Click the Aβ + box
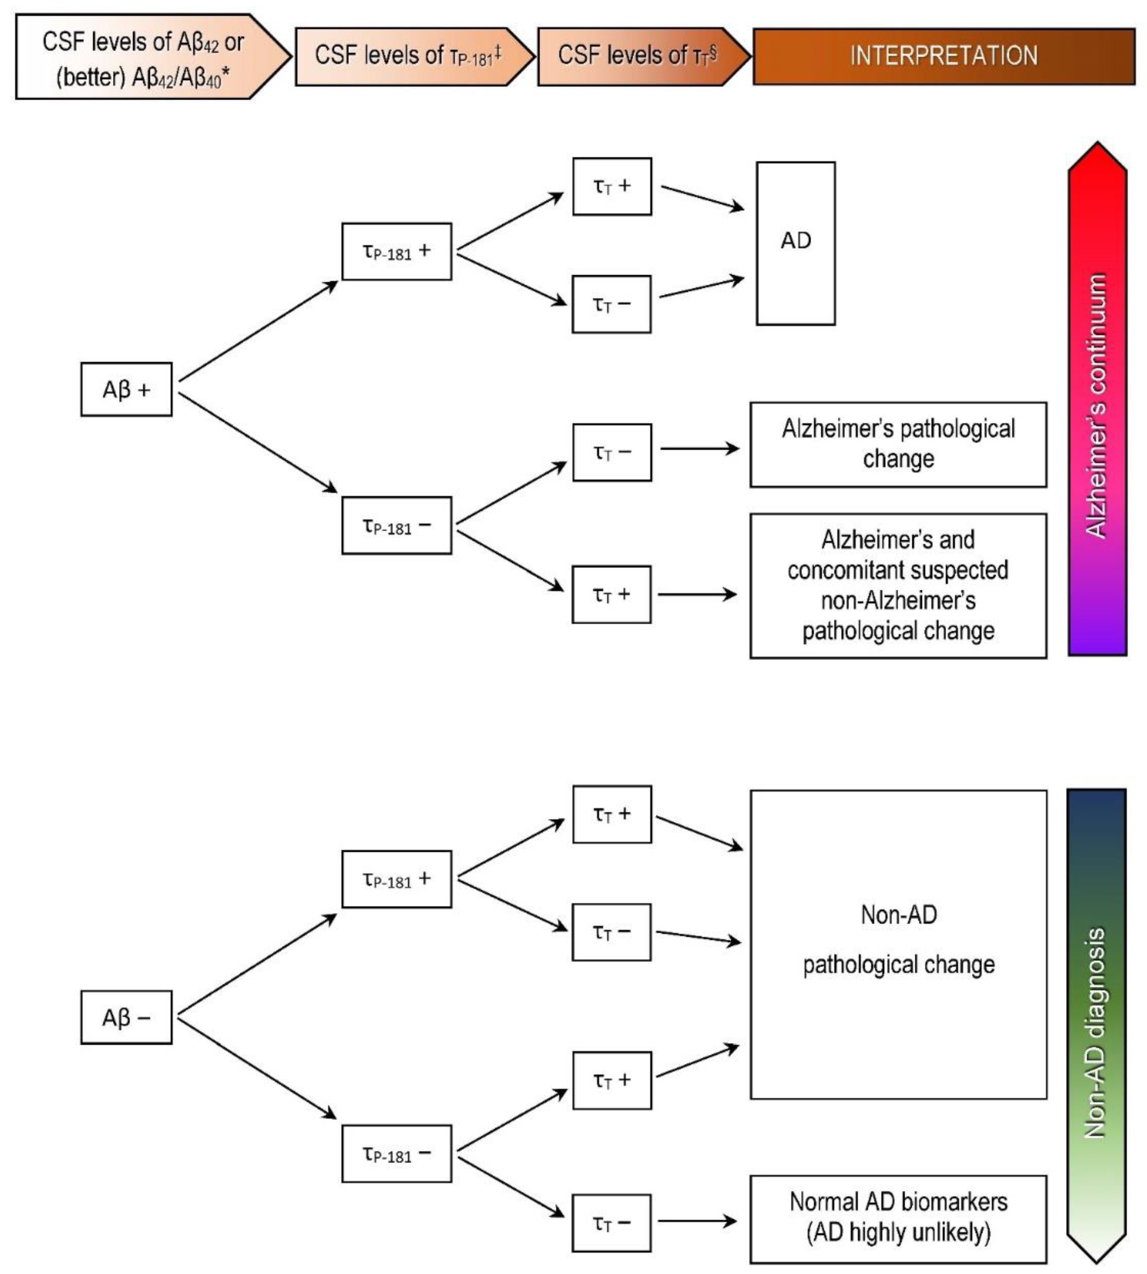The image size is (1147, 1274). click(x=126, y=389)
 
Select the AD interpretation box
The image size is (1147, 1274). click(x=795, y=243)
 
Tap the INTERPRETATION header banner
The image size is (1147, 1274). click(x=943, y=56)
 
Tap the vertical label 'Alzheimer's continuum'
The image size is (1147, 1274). click(x=1097, y=404)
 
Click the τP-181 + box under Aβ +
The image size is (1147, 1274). click(x=397, y=251)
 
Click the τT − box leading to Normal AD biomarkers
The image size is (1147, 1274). click(x=611, y=1222)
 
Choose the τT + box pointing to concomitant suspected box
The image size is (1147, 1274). click(x=611, y=594)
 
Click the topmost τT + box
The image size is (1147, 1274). click(x=611, y=186)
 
